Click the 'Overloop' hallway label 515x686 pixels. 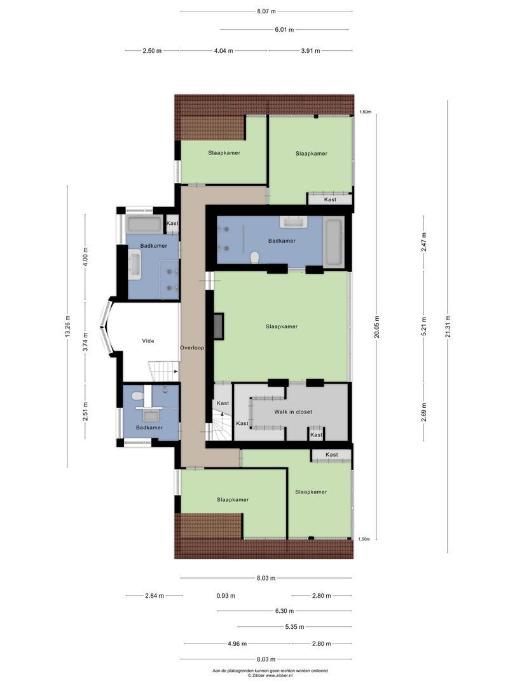point(192,348)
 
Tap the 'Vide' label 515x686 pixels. point(148,341)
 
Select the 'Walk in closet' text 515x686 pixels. point(293,412)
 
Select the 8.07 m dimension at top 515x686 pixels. point(266,11)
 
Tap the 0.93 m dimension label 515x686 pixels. point(225,596)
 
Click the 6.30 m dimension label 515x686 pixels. point(284,611)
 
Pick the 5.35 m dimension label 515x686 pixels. point(294,627)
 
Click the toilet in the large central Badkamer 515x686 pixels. point(256,257)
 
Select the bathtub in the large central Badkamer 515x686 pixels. point(334,242)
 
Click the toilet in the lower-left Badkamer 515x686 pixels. point(136,396)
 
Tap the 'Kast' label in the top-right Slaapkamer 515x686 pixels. point(329,199)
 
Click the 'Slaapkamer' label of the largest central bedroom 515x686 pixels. point(282,326)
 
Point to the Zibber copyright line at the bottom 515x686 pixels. point(270,675)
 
